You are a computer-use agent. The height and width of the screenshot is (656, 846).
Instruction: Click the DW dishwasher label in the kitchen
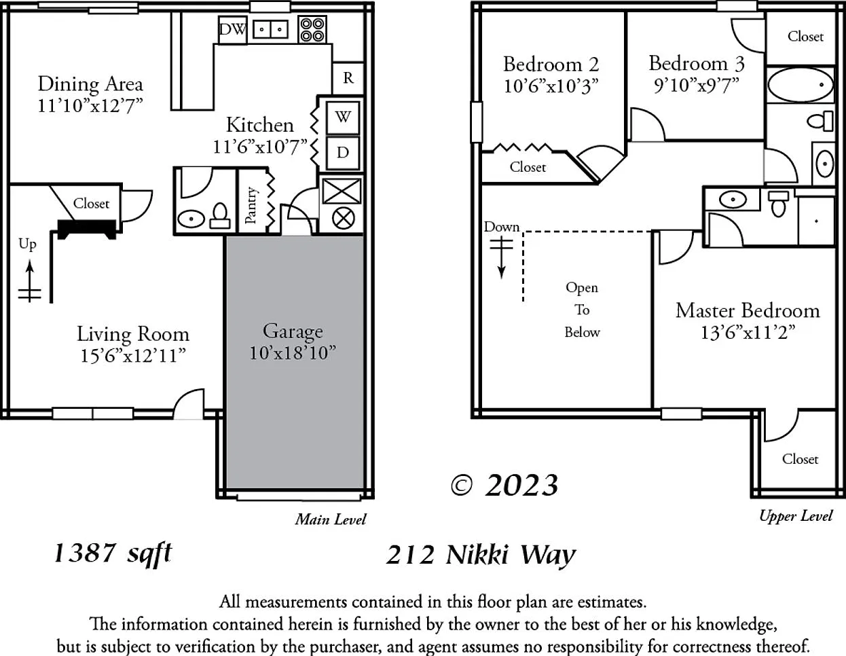pyautogui.click(x=232, y=29)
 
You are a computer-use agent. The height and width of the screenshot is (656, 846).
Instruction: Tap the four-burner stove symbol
pyautogui.click(x=312, y=29)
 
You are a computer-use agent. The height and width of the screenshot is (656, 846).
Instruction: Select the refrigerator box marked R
pyautogui.click(x=348, y=78)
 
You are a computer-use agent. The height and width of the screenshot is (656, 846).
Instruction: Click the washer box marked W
pyautogui.click(x=343, y=117)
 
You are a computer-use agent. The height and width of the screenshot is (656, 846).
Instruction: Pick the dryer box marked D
pyautogui.click(x=343, y=153)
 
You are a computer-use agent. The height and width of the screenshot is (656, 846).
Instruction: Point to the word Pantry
pyautogui.click(x=251, y=205)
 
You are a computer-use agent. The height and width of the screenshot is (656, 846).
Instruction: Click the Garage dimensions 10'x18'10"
pyautogui.click(x=293, y=353)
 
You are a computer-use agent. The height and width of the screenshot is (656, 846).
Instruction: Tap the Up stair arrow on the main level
pyautogui.click(x=30, y=281)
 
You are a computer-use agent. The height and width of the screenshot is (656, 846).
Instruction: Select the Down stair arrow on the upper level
pyautogui.click(x=502, y=259)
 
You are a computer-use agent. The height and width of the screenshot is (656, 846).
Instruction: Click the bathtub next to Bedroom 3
pyautogui.click(x=801, y=85)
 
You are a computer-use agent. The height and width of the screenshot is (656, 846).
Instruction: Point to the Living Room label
pyautogui.click(x=133, y=334)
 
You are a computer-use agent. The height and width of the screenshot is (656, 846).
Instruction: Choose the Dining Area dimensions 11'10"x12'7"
pyautogui.click(x=90, y=106)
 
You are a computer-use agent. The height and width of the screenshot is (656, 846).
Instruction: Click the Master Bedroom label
pyautogui.click(x=748, y=310)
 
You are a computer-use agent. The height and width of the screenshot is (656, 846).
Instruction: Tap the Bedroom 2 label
pyautogui.click(x=551, y=64)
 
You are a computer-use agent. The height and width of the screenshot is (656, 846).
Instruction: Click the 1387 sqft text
pyautogui.click(x=113, y=553)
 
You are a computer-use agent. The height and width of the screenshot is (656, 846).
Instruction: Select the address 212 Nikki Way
pyautogui.click(x=481, y=554)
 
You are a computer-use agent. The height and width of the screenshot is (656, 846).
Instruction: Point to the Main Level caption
pyautogui.click(x=331, y=520)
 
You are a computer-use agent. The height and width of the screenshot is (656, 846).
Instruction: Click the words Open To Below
pyautogui.click(x=582, y=310)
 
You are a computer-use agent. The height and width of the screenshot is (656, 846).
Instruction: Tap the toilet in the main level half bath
pyautogui.click(x=220, y=216)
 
